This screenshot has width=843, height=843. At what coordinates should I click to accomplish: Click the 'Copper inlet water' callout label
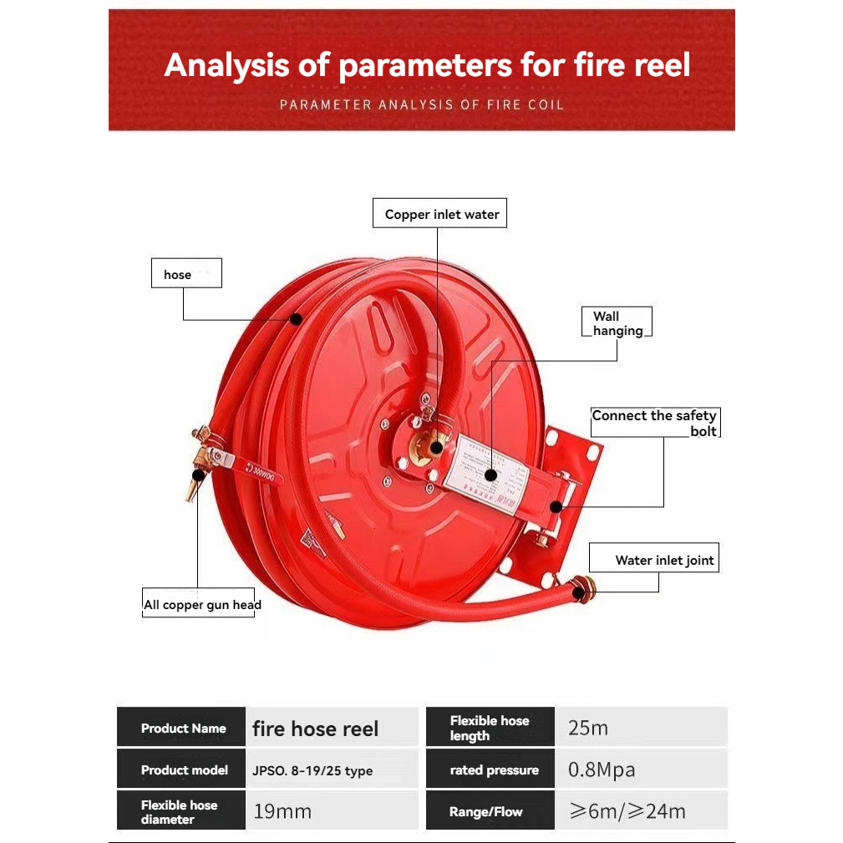pyautogui.click(x=441, y=215)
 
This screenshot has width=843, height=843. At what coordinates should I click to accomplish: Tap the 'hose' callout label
pyautogui.click(x=185, y=274)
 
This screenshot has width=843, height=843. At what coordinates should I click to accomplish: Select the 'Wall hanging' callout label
pyautogui.click(x=617, y=323)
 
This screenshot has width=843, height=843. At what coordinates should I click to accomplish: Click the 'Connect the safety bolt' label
pyautogui.click(x=654, y=423)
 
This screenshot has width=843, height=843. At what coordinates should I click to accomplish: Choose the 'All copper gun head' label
pyautogui.click(x=202, y=605)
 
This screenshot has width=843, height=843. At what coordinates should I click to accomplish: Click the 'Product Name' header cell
pyautogui.click(x=183, y=729)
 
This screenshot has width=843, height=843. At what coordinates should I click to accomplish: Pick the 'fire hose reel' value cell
pyautogui.click(x=316, y=729)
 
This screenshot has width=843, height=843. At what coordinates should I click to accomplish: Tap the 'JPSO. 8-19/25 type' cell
pyautogui.click(x=312, y=771)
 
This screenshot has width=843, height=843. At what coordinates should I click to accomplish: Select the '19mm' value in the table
pyautogui.click(x=282, y=811)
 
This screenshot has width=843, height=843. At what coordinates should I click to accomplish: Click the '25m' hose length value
pyautogui.click(x=588, y=728)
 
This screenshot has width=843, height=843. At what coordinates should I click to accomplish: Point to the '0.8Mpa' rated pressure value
pyautogui.click(x=602, y=770)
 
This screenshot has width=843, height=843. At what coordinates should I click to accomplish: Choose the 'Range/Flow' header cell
pyautogui.click(x=485, y=812)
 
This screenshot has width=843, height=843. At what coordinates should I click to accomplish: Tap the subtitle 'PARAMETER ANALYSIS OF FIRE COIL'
pyautogui.click(x=422, y=105)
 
